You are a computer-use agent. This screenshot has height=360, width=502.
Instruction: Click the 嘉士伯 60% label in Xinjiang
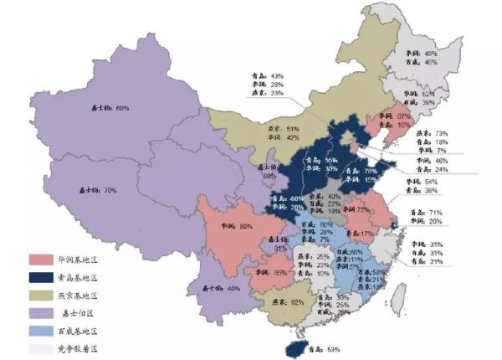(110, 109)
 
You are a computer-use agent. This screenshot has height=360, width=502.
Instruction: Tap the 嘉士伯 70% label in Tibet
(96, 190)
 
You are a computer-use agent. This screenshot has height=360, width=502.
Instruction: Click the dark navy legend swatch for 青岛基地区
(41, 276)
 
